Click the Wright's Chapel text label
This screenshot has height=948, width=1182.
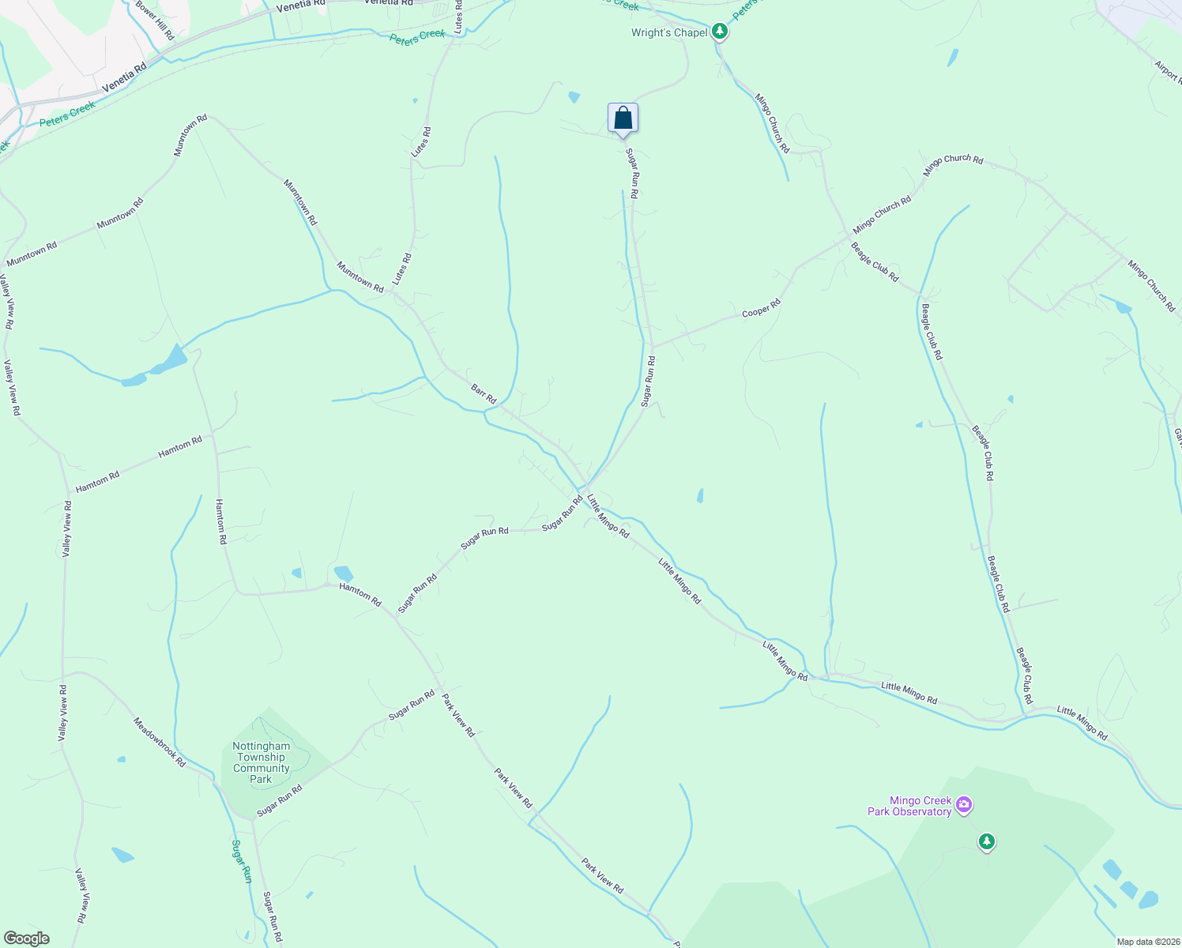click(669, 33)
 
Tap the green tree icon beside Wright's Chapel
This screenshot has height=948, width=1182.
click(719, 32)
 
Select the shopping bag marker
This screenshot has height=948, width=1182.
click(623, 118)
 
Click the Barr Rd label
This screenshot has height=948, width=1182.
click(483, 394)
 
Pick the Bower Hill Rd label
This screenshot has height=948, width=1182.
click(154, 21)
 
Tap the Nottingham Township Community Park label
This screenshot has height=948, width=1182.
click(261, 762)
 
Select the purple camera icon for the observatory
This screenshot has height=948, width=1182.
click(963, 806)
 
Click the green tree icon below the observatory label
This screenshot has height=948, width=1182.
click(985, 842)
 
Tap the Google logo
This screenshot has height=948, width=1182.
click(25, 939)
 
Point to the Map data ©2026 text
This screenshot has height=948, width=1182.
click(1147, 942)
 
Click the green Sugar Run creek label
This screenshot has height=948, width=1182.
click(241, 860)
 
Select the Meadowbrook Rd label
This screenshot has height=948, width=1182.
click(159, 743)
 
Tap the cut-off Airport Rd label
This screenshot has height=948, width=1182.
click(1168, 73)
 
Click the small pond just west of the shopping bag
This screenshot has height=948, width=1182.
click(574, 97)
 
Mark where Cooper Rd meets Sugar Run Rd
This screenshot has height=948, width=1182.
click(652, 346)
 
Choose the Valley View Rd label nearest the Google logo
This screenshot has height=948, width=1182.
click(81, 896)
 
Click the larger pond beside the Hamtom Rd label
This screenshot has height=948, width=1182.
click(343, 573)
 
